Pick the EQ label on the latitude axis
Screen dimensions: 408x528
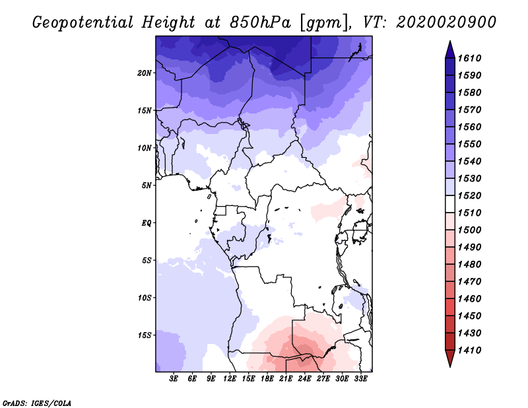pyautogui.click(x=147, y=222)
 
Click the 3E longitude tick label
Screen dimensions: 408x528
pyautogui.click(x=174, y=379)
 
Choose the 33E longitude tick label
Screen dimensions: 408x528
pyautogui.click(x=360, y=379)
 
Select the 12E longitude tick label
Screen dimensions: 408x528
pyautogui.click(x=230, y=379)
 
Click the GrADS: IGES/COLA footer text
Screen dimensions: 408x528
pyautogui.click(x=36, y=402)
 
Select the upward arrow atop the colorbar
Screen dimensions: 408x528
pyautogui.click(x=449, y=49)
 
